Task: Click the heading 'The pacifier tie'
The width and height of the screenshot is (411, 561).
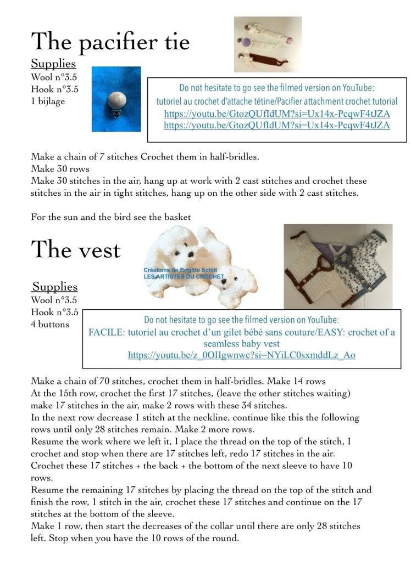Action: click(110, 42)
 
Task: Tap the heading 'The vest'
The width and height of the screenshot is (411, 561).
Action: click(76, 250)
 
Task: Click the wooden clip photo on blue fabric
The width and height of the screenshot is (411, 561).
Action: click(116, 99)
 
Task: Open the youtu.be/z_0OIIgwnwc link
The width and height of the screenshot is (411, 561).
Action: click(242, 355)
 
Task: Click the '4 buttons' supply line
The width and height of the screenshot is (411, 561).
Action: click(50, 324)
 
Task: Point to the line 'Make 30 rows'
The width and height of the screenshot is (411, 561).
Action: click(60, 168)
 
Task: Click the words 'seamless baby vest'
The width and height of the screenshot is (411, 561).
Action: click(242, 344)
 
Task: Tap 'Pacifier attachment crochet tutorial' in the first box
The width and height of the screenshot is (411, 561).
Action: click(335, 101)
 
